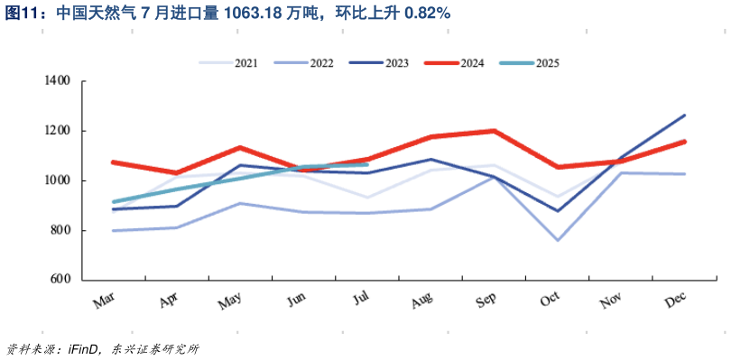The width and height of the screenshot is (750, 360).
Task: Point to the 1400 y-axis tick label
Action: tap(57, 81)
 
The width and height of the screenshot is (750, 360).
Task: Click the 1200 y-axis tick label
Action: tap(57, 131)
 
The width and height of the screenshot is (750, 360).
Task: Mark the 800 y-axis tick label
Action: tap(60, 230)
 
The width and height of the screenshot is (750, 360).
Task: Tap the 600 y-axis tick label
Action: tap(60, 280)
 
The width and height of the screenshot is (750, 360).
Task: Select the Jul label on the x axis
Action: tap(361, 299)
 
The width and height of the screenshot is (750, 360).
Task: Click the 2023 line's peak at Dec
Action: tap(685, 115)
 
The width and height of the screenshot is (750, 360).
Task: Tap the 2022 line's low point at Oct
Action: tap(557, 240)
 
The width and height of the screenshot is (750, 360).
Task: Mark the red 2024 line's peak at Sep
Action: tap(494, 131)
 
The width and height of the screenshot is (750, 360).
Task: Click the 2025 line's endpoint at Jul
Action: tap(366, 164)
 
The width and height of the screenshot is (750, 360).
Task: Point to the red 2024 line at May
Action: tap(239, 147)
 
